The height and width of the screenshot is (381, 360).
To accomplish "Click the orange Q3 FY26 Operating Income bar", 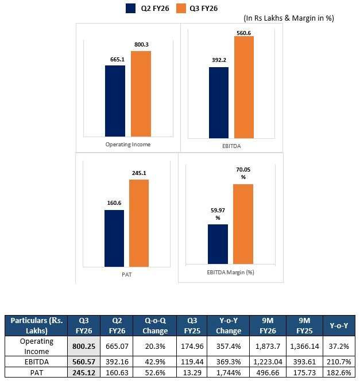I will (x=141, y=93).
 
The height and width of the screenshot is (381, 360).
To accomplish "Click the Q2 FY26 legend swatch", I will (x=130, y=8).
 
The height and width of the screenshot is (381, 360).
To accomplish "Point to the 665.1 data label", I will (x=115, y=59).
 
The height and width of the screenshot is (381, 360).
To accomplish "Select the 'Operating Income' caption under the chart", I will (x=127, y=144).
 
